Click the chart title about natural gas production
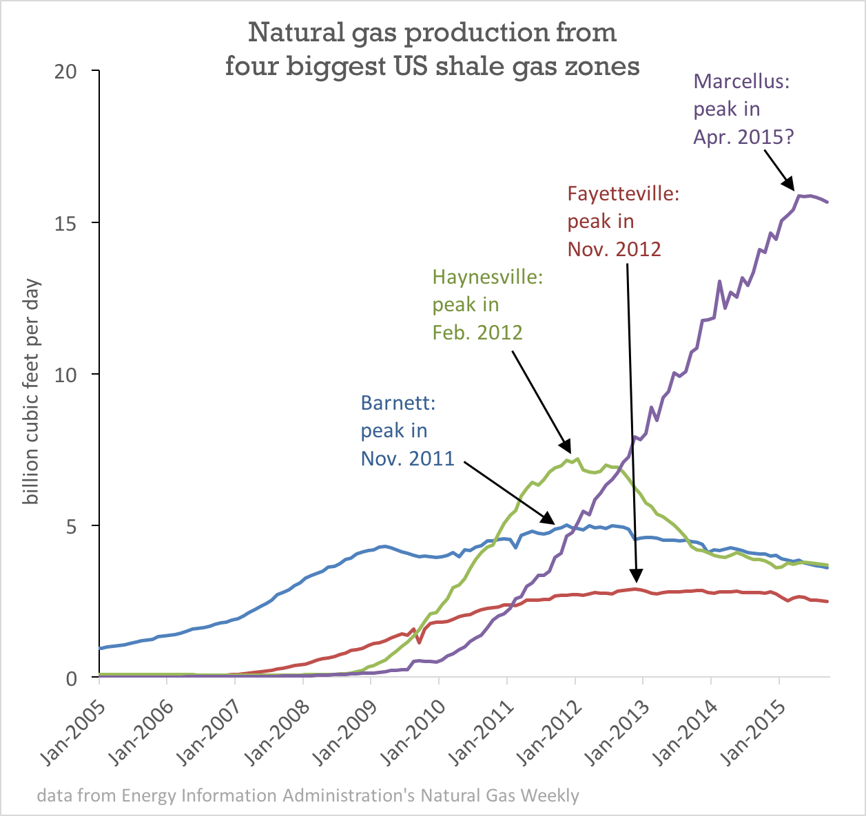tap(432, 49)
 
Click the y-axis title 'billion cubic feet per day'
tap(31, 391)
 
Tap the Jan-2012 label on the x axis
tap(545, 730)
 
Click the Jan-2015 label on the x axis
tap(749, 730)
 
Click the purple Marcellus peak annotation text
tap(743, 109)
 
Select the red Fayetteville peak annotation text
tap(622, 221)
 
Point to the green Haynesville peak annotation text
tap(487, 304)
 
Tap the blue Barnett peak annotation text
tap(406, 430)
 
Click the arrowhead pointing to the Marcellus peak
tap(791, 184)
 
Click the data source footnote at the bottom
tap(307, 795)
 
